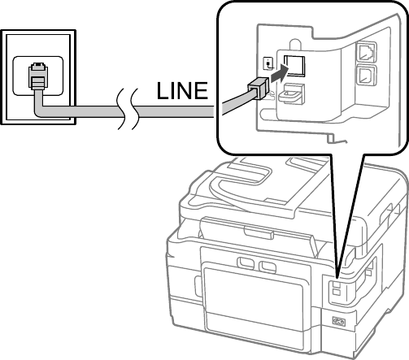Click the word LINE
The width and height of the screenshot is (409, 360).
(x=182, y=90)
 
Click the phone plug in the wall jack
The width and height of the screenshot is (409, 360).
(x=38, y=76)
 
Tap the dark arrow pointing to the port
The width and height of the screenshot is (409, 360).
(x=280, y=74)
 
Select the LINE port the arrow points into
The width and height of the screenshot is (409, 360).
(x=294, y=66)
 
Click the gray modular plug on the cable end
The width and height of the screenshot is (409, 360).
(x=258, y=88)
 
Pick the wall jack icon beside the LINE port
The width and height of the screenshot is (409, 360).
(x=268, y=63)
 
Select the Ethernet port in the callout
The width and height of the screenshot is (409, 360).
(x=367, y=51)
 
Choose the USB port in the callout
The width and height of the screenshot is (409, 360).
(x=367, y=75)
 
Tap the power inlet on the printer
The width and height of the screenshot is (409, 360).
(x=339, y=322)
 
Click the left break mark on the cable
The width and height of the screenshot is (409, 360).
(x=121, y=109)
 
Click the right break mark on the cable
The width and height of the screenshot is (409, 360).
(x=135, y=109)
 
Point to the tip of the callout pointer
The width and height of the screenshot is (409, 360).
(x=337, y=278)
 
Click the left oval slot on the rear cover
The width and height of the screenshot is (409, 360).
(x=245, y=262)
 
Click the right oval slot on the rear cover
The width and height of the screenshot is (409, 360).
(x=267, y=266)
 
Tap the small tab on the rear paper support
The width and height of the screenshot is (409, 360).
(x=259, y=232)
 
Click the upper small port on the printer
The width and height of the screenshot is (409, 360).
(x=336, y=284)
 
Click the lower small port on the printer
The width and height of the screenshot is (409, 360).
(x=336, y=292)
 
